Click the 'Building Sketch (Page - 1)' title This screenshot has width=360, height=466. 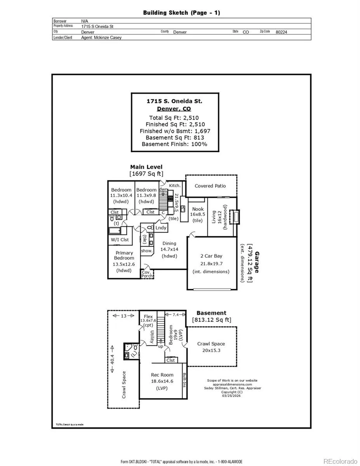[x=181, y=13]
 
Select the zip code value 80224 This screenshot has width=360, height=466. [x=281, y=32]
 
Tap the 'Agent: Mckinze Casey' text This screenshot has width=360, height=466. [x=101, y=38]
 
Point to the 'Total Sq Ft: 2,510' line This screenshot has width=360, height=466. [x=174, y=118]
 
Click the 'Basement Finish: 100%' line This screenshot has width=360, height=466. [x=174, y=144]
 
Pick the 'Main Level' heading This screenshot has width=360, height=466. [x=146, y=167]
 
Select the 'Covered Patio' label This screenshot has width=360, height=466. [x=210, y=186]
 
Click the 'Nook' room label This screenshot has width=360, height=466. [x=198, y=209]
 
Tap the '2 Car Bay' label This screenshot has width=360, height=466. [x=211, y=256]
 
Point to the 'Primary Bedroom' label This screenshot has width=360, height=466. [x=124, y=256]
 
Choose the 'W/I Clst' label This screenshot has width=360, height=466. [x=120, y=240]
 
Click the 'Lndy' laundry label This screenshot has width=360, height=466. [x=161, y=228]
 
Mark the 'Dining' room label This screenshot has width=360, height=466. [x=169, y=244]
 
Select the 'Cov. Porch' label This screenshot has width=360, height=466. [x=146, y=274]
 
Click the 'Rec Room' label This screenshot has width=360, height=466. [x=162, y=375]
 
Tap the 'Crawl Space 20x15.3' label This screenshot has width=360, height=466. [x=211, y=347]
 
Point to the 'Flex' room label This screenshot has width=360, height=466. [x=148, y=316]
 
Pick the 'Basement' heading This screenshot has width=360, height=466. [x=211, y=313]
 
